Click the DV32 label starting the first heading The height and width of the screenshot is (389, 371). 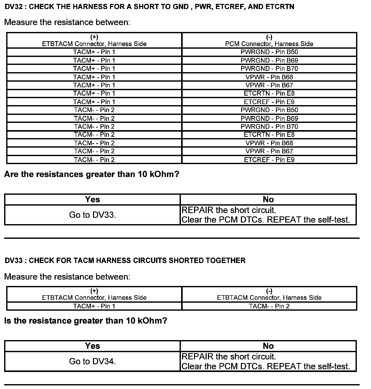point(14,7)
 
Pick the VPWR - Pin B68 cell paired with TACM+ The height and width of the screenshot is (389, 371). point(269,77)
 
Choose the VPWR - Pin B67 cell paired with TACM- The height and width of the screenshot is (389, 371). point(269,151)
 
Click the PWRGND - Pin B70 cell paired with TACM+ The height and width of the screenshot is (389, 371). point(269,69)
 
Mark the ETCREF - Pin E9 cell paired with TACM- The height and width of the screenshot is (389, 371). point(269,160)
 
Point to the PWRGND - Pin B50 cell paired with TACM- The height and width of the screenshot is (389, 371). point(269,110)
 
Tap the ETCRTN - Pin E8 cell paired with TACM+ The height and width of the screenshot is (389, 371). point(269,93)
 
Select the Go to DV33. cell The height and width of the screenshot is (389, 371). point(92,215)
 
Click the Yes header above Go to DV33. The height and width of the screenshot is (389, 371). point(92,199)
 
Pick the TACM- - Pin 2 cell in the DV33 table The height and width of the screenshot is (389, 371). point(269,306)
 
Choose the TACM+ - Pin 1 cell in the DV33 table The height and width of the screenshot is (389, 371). point(94,306)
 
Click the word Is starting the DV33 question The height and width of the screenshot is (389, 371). point(8,321)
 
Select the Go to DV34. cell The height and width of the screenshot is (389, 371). point(92,361)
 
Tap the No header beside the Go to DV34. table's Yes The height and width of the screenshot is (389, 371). point(268,346)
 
